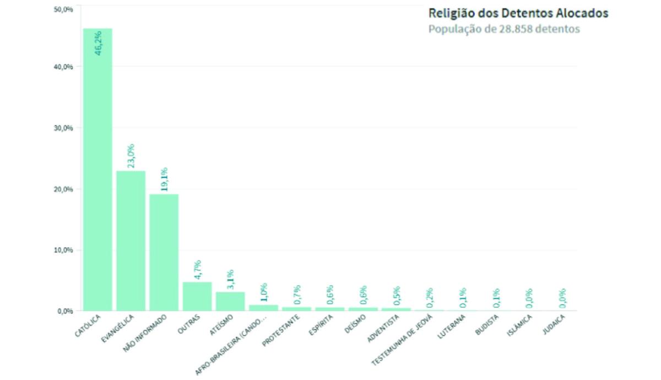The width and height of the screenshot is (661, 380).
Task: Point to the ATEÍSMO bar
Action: coord(230,301)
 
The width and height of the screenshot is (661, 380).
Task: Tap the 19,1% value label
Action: coord(164,179)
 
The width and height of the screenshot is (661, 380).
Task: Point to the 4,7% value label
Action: coord(197,270)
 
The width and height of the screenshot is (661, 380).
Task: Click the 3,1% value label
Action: coord(230,280)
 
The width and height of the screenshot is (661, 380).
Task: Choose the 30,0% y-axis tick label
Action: coord(64,127)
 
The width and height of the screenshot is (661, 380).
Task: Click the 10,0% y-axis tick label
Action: coord(64,250)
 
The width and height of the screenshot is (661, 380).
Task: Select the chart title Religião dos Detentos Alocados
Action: coord(518,13)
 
